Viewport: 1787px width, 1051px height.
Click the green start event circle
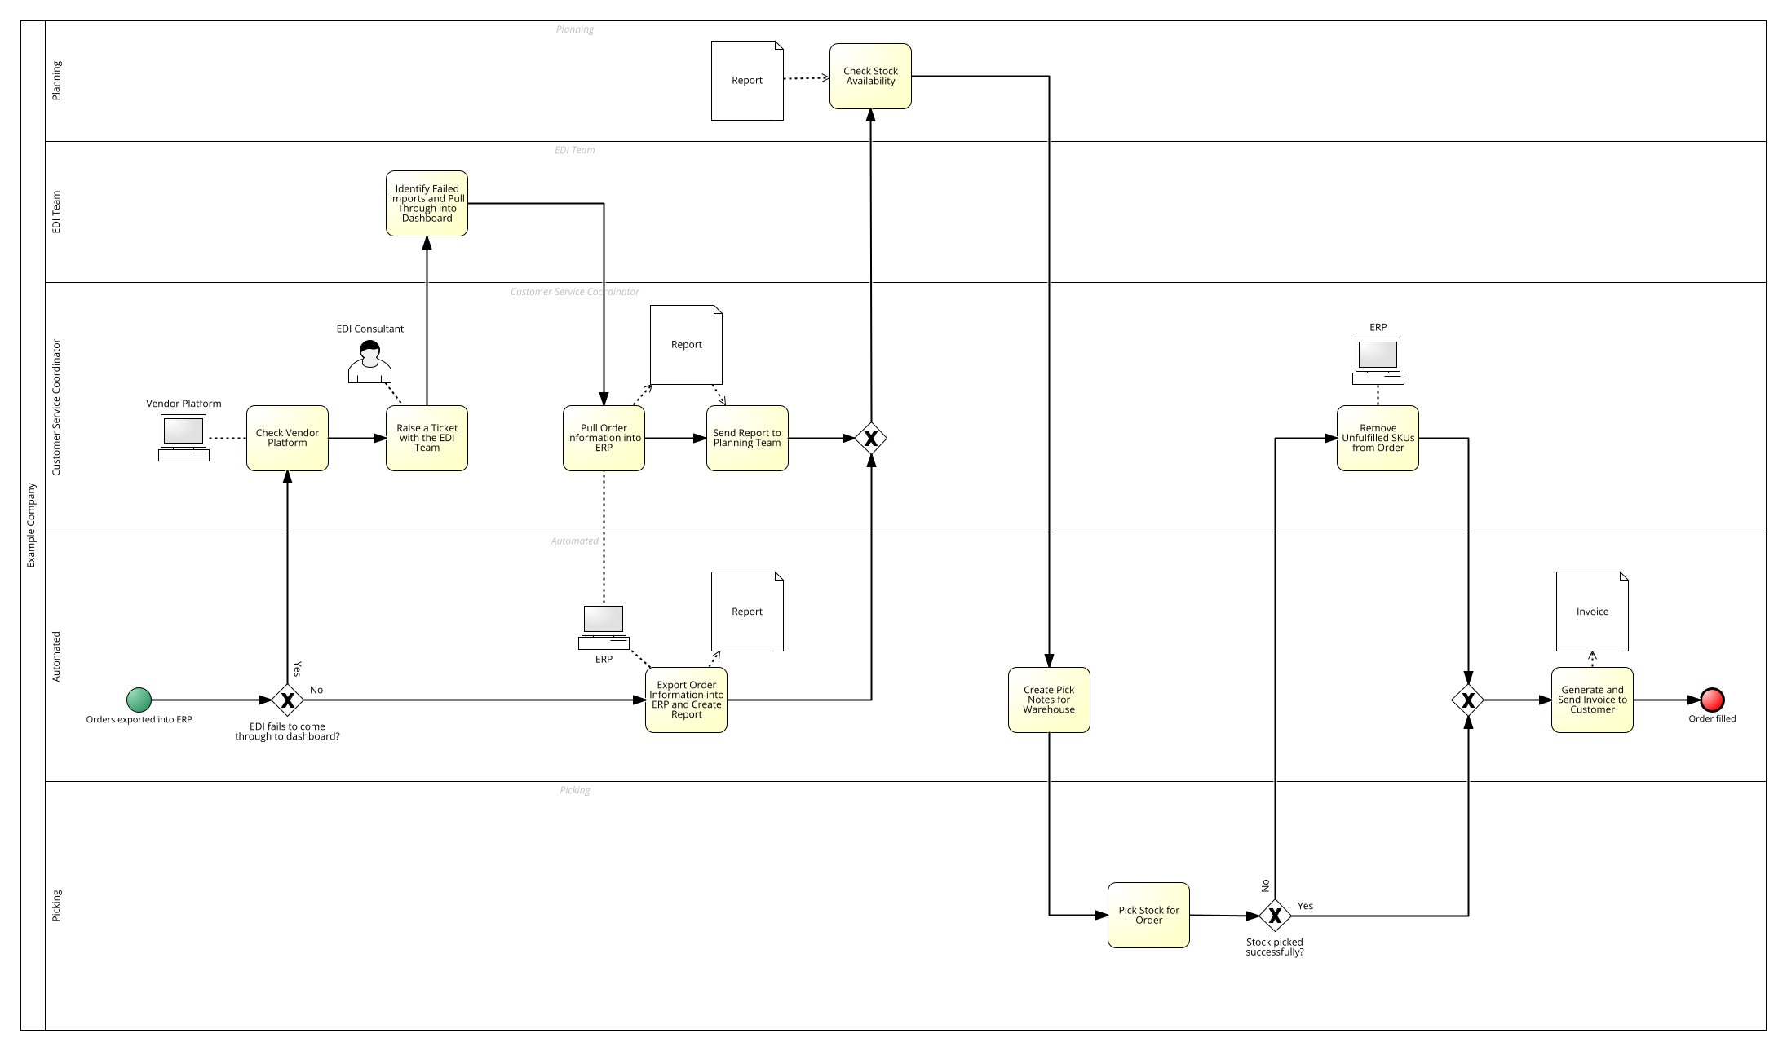tap(139, 700)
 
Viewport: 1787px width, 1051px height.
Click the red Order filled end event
tap(1712, 700)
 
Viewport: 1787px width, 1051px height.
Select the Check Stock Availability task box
tap(870, 76)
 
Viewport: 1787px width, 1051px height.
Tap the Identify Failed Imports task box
tap(427, 203)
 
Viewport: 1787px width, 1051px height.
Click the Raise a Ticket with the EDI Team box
tap(427, 438)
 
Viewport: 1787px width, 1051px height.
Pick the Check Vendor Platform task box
tap(287, 438)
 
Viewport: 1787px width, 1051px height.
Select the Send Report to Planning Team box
tap(747, 438)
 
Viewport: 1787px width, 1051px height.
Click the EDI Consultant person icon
tap(369, 363)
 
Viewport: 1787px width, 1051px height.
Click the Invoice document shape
tap(1592, 612)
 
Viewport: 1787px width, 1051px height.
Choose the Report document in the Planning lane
tap(747, 81)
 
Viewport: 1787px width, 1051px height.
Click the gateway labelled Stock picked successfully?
tap(1275, 916)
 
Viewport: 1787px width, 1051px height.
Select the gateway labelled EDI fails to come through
tap(287, 700)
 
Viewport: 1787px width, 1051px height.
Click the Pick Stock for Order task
tap(1148, 915)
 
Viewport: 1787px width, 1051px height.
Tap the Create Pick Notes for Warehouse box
tap(1049, 700)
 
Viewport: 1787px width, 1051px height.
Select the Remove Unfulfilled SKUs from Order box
tap(1378, 438)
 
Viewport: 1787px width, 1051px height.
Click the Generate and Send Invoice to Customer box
tap(1592, 700)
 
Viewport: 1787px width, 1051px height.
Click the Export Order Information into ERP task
tap(686, 700)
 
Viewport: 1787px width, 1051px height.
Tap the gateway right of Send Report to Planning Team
tap(871, 439)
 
